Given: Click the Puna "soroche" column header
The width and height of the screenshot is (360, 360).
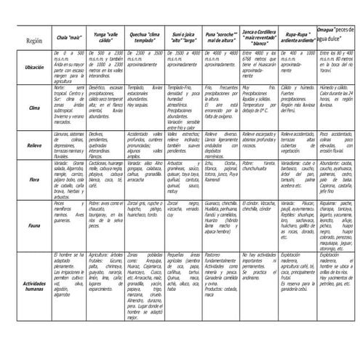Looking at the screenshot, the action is click(222, 36).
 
